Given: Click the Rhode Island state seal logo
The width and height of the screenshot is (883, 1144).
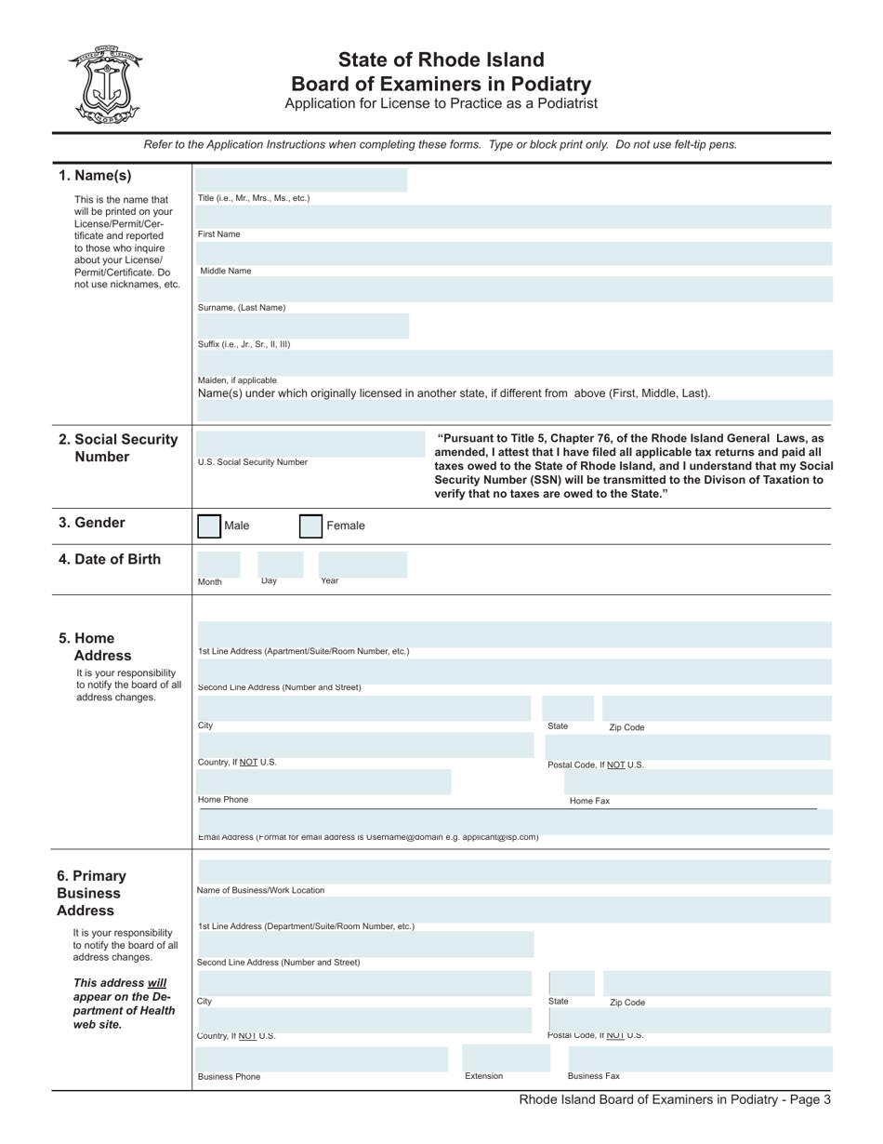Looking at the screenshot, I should pos(105,85).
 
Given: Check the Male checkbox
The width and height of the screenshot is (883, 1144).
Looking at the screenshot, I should pos(209,526).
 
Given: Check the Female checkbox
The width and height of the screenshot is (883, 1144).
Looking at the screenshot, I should pos(310,526).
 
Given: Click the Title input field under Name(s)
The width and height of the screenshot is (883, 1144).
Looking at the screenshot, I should pos(301,180).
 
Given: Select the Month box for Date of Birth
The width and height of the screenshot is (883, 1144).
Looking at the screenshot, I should pos(217,564).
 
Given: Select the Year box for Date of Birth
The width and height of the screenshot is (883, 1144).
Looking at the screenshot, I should pos(362,564).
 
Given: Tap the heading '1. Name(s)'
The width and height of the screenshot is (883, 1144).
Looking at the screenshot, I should pos(95,176).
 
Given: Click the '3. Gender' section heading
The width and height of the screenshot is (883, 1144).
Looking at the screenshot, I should pos(91,523).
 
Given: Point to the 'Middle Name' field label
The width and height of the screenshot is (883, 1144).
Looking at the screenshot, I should pos(226,271).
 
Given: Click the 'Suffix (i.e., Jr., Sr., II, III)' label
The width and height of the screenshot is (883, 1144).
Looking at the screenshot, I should pos(244,344).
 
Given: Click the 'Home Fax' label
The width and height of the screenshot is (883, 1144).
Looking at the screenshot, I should pos(589,801).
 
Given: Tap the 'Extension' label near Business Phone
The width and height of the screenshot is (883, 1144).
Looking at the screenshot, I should pos(483,1076).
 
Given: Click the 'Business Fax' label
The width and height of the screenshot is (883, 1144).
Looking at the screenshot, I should pos(593,1076).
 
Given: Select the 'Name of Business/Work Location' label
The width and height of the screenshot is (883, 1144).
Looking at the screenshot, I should pos(260,890).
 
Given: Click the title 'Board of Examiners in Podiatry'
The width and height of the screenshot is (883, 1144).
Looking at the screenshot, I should pos(441,84).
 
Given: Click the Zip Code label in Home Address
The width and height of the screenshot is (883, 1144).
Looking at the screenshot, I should pos(626,727).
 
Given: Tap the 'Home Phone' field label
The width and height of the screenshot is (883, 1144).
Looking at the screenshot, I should pos(223,800).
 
